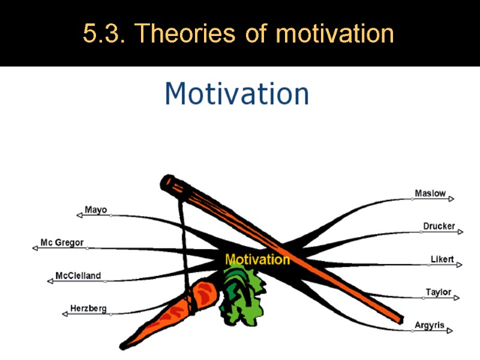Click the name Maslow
coord(430,193)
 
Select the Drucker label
coord(439,226)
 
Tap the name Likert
coord(442,259)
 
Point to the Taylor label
coord(438,292)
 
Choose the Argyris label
coord(430,325)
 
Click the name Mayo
coord(95,210)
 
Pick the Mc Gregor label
coord(62,243)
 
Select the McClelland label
coord(78,276)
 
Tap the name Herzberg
coord(88,308)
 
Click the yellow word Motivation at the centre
coord(257,260)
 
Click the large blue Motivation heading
coord(237,94)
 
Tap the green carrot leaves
coord(241,294)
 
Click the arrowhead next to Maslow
coord(451,199)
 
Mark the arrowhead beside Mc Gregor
coord(35,247)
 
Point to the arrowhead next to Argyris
coord(449,330)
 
